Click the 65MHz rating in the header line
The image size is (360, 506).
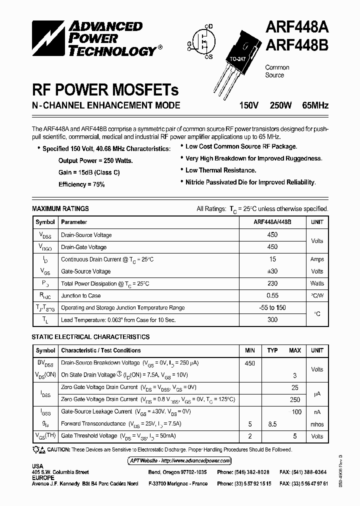[x=315, y=105]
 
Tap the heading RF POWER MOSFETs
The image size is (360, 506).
[x=105, y=90]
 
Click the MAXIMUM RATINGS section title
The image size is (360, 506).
[x=60, y=208]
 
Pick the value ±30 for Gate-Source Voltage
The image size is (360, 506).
[x=272, y=271]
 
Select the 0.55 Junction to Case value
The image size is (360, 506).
[x=272, y=296]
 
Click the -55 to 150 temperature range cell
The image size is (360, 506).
[x=272, y=308]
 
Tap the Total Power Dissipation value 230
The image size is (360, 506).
[x=272, y=283]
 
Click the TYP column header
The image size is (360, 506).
[x=272, y=350]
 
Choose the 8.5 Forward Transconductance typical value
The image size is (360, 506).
[x=272, y=424]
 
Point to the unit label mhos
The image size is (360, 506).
[x=317, y=424]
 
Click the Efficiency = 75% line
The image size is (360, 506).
[x=81, y=184]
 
